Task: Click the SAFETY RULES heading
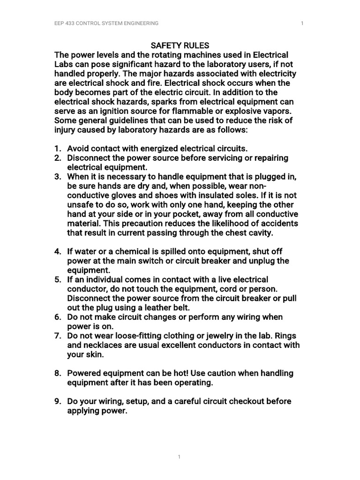coord(180,45)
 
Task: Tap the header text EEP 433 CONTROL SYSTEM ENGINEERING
coord(106,23)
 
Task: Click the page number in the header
coord(302,23)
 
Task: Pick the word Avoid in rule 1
coord(78,149)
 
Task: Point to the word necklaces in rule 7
coord(102,345)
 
